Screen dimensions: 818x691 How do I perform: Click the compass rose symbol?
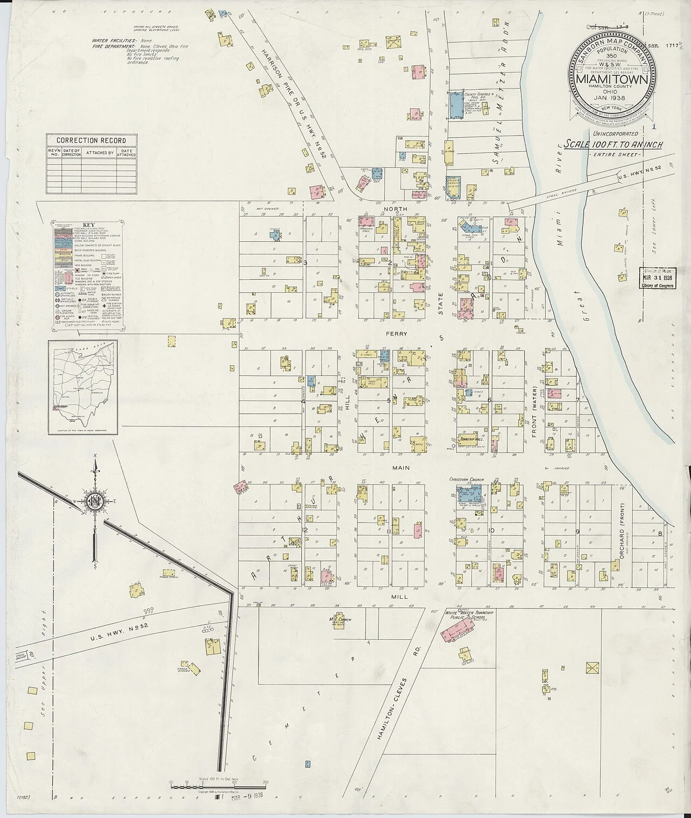[94, 502]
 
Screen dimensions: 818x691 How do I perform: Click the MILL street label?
[398, 598]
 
